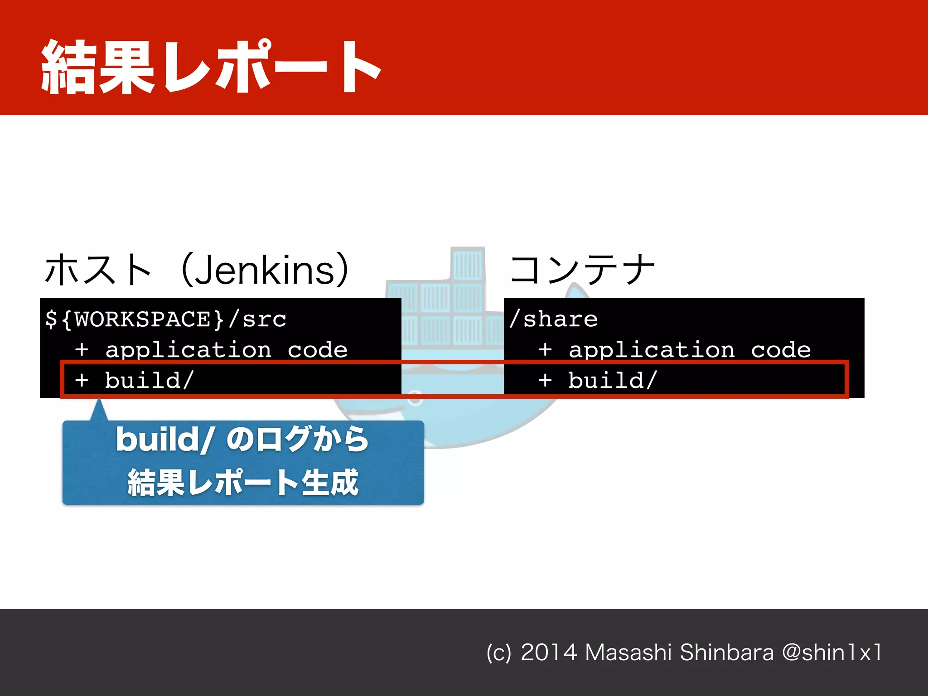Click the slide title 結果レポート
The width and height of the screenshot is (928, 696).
(x=211, y=67)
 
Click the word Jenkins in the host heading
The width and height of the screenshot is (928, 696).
(x=265, y=271)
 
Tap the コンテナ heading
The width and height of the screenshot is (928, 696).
(x=582, y=270)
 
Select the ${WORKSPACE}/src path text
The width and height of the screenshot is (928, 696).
(x=166, y=319)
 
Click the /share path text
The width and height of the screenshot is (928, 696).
(x=554, y=319)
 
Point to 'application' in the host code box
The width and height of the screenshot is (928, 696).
(x=188, y=350)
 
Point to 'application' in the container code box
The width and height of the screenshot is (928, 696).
(x=652, y=350)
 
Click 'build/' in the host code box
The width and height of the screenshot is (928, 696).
(x=150, y=380)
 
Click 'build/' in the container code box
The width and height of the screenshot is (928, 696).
(x=613, y=380)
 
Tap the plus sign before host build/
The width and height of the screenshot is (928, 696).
(x=82, y=381)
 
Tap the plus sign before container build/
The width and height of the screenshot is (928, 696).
(x=545, y=381)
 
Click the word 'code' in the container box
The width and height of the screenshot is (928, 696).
(x=781, y=350)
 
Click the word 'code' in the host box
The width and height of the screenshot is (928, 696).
(x=318, y=350)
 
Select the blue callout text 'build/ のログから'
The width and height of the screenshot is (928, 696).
(x=242, y=439)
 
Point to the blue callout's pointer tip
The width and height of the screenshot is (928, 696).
(x=99, y=400)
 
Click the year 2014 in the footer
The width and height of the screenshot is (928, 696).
(x=549, y=652)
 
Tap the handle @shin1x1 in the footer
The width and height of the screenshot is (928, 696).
(x=832, y=652)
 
